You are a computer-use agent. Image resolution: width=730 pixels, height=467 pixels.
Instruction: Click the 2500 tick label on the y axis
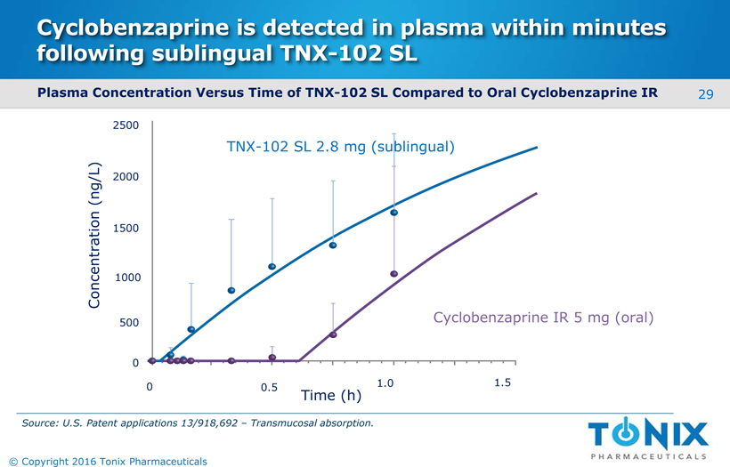[126, 125]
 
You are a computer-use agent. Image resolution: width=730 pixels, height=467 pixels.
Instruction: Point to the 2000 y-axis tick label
[126, 178]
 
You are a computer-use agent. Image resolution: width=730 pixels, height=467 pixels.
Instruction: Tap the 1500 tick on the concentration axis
[126, 229]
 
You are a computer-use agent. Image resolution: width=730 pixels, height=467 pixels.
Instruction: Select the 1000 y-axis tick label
[126, 278]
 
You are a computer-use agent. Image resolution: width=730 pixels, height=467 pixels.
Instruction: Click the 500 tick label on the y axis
[128, 323]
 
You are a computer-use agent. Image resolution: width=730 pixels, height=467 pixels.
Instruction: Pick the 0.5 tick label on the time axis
[269, 388]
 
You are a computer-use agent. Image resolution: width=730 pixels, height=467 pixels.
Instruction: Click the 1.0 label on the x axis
[385, 383]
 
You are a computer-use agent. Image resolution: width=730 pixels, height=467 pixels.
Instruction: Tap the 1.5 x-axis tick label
[502, 382]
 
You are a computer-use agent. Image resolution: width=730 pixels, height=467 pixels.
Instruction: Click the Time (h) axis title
[330, 395]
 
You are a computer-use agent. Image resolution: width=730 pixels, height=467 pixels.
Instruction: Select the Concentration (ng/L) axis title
[96, 236]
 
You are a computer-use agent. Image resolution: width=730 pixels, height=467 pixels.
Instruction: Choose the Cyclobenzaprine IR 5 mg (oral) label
[543, 318]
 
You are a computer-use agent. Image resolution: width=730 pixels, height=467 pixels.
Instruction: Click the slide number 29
[706, 93]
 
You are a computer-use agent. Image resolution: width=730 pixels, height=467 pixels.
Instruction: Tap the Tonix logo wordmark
[648, 435]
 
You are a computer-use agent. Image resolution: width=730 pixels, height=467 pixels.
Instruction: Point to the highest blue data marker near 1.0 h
[393, 213]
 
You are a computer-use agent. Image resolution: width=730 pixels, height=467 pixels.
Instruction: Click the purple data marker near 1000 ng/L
[393, 274]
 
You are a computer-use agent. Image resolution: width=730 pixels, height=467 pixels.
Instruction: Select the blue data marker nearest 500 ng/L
[191, 329]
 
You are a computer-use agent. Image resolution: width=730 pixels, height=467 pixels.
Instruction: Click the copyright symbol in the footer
[12, 461]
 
